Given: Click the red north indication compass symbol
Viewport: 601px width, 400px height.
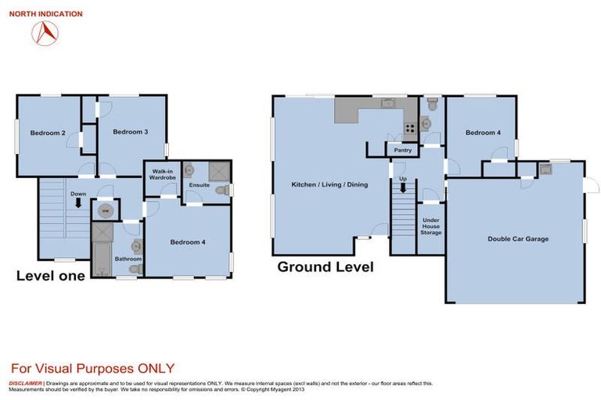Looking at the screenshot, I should [45, 32].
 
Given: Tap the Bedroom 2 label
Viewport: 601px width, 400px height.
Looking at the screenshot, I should [47, 133].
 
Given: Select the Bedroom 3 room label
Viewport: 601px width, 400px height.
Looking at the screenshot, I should [131, 132].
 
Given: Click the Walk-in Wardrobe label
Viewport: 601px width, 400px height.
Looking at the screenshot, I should [162, 174].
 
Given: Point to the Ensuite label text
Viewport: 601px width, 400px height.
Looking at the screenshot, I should [199, 185].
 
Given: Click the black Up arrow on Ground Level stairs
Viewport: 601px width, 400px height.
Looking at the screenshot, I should [403, 187].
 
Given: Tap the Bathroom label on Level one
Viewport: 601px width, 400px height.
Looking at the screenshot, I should [128, 259].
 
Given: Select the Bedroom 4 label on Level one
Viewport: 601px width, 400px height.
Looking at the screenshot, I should [188, 242].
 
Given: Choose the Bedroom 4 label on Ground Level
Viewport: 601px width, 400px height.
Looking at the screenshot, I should [483, 133].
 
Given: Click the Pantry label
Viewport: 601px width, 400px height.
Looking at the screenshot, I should [403, 150].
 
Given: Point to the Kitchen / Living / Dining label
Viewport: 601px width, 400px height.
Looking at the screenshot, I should [329, 184].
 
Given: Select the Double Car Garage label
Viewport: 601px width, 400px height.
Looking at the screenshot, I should [518, 239].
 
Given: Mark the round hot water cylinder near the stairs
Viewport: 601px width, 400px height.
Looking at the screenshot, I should [104, 209].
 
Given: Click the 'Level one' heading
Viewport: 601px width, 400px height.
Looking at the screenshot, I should [51, 276].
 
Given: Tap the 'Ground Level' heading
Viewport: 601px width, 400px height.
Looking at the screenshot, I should [326, 267].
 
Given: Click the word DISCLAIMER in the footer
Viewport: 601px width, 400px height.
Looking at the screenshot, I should [25, 384].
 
